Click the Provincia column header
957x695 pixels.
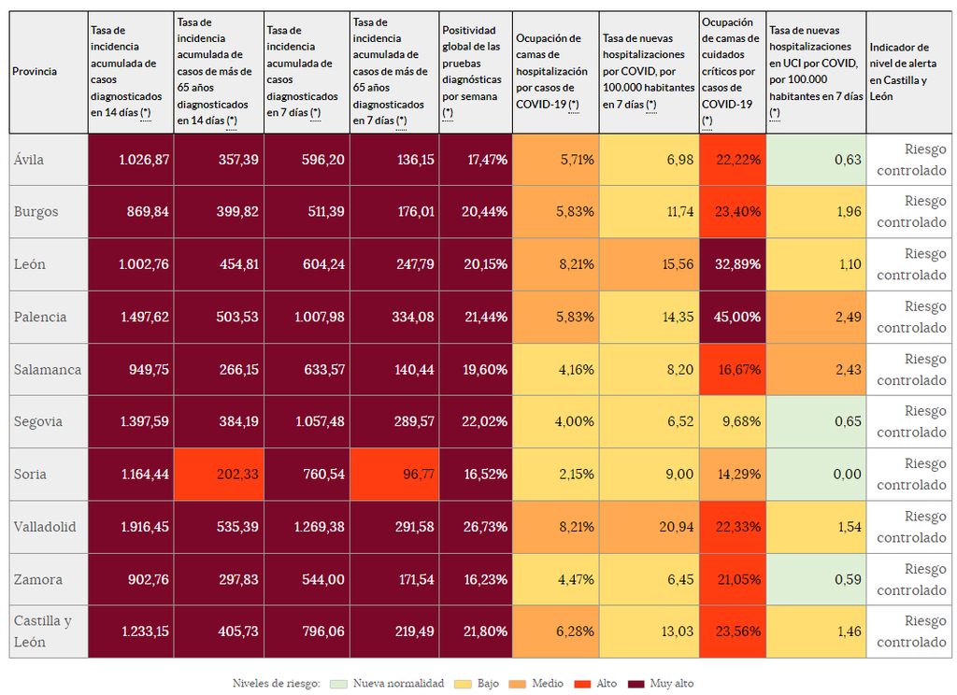click(35, 72)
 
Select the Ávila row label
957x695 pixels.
click(29, 160)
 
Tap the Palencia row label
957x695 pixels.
click(40, 317)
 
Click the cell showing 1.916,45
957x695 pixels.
click(131, 527)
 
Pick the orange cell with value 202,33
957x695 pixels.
click(220, 475)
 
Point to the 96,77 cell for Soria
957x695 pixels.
click(394, 475)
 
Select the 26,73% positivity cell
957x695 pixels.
click(476, 527)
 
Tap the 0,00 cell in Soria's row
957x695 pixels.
click(816, 475)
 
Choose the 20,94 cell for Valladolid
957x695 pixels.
click(649, 527)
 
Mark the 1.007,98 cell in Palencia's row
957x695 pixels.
click(307, 317)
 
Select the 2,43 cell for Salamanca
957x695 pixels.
click(816, 369)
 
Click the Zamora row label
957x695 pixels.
click(38, 579)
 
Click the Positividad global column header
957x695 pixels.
click(475, 72)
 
